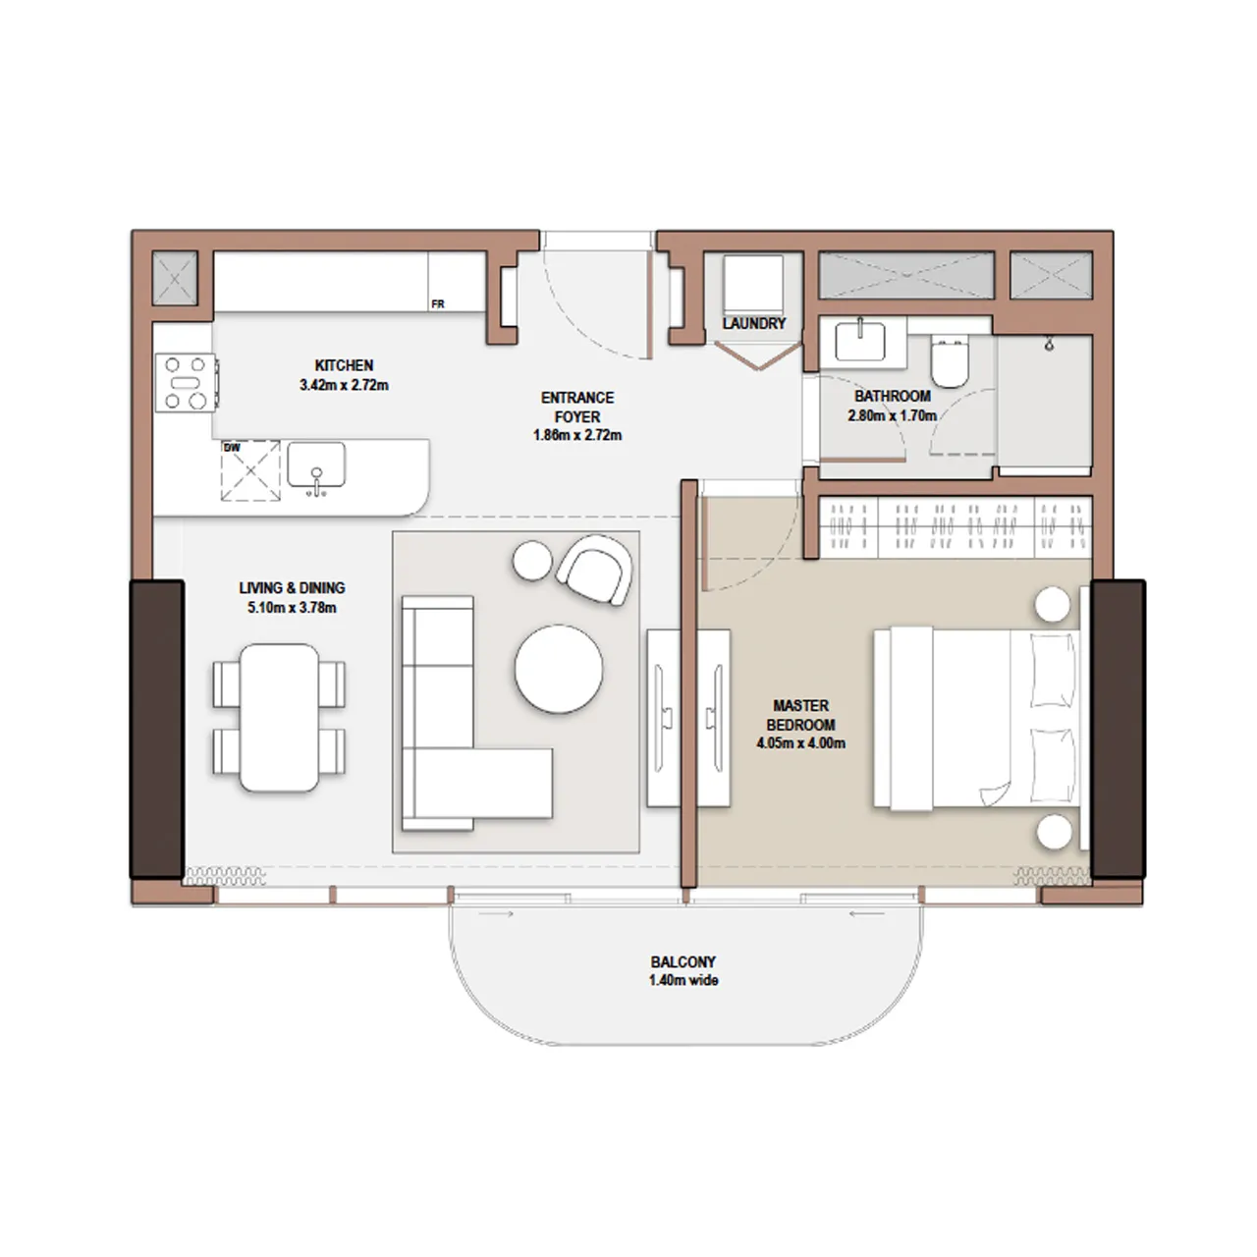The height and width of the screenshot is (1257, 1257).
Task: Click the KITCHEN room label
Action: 344,365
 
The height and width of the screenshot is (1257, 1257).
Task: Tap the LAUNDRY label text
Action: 754,323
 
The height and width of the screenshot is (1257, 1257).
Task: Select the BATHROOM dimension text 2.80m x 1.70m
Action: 892,415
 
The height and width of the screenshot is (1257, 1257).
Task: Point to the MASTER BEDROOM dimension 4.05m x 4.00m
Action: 800,743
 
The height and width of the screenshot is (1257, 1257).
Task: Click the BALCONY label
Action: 683,962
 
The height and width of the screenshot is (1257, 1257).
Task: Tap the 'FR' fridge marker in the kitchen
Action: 438,304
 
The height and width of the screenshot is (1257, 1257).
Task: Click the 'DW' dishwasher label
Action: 232,448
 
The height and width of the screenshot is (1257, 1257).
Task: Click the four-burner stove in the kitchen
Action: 187,381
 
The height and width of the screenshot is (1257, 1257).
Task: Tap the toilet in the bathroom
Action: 950,363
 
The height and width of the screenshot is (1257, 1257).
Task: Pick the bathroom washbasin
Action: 860,342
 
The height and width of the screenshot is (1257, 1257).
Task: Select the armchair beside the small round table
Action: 595,569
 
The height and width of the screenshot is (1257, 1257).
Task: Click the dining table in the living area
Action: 280,718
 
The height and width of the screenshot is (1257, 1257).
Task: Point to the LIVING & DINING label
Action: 292,588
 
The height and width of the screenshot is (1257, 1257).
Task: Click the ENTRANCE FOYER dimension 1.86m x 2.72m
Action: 577,435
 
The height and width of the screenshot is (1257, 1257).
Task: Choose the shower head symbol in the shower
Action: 1050,344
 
